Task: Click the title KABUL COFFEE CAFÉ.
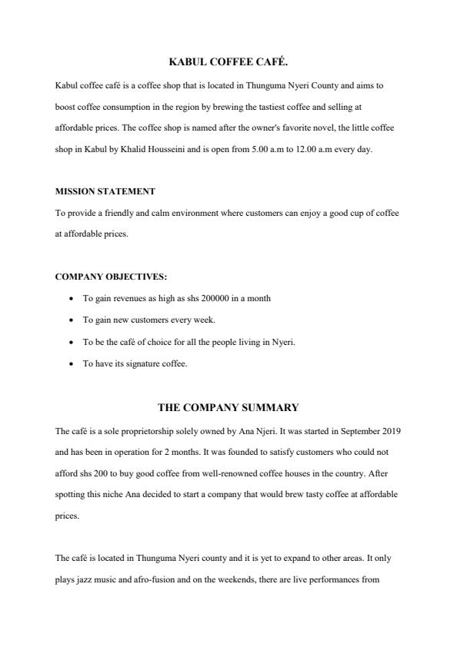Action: click(228, 61)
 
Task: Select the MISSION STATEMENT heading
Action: click(105, 191)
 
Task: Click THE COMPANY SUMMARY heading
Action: click(228, 407)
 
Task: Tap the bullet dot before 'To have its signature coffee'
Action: click(71, 364)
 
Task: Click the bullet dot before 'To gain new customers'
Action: click(71, 320)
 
